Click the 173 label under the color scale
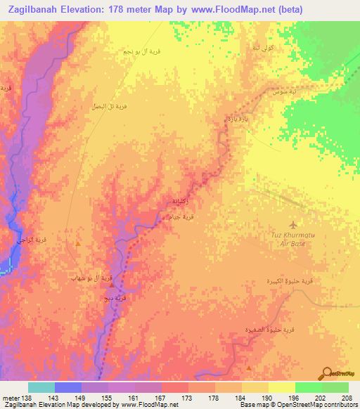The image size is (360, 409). click(x=188, y=398)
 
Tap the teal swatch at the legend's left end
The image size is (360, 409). click(x=41, y=387)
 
